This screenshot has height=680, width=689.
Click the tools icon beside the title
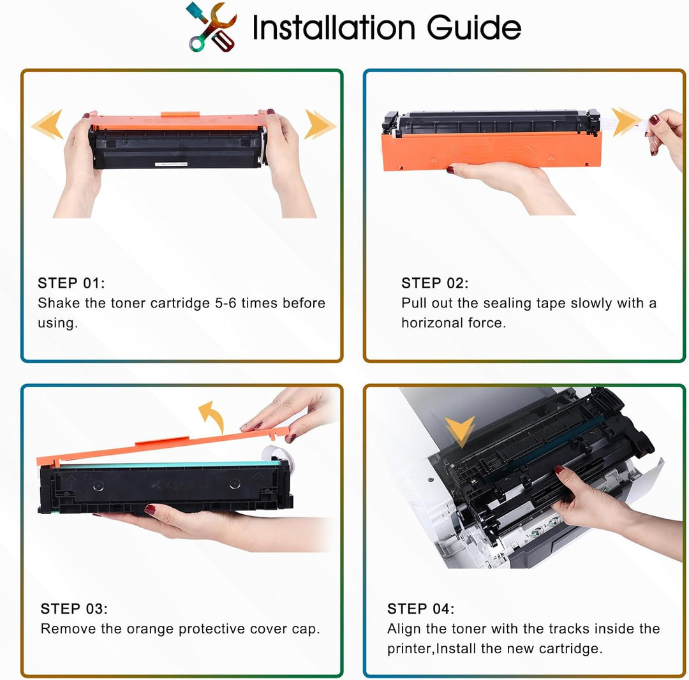[x=212, y=27]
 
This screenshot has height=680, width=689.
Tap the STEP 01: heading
[x=71, y=283]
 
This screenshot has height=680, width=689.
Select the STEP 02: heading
[x=434, y=283]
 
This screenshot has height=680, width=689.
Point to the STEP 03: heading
[x=74, y=609]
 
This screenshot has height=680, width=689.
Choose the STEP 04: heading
[x=420, y=609]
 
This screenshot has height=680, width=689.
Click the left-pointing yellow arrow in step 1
[x=47, y=124]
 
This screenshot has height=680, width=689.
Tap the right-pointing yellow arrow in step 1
[x=320, y=124]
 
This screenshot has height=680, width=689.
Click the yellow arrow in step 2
[x=626, y=121]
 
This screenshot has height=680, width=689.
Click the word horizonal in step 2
[x=433, y=323]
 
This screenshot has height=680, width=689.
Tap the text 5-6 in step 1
[x=225, y=303]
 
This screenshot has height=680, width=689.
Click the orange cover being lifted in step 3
[x=158, y=447]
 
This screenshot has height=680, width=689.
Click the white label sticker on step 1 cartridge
[x=171, y=164]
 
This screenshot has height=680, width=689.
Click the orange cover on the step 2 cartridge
[x=491, y=151]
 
